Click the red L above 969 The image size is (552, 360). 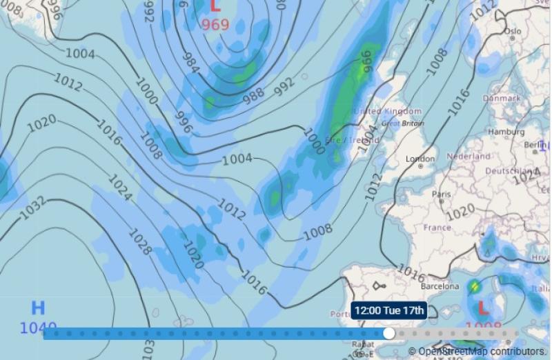pos(215,7)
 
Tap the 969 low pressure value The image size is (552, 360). pos(215,26)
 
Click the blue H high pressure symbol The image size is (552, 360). pos(37,308)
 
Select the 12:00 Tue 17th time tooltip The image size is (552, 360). pos(389,310)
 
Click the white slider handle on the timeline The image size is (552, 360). pos(389,334)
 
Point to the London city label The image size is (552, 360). pos(420,159)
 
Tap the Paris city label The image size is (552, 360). pos(441,194)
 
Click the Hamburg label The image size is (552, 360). pos(506,132)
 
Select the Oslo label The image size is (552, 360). pos(512,32)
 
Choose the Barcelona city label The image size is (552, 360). pos(440,286)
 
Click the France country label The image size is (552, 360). pos(437,228)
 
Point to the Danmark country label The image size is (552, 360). pos(502,99)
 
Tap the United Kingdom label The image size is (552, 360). pos(387,111)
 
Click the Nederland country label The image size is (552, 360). pos(468,157)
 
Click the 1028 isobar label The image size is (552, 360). pos(139,242)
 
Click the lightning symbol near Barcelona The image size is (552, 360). pos(475,286)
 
